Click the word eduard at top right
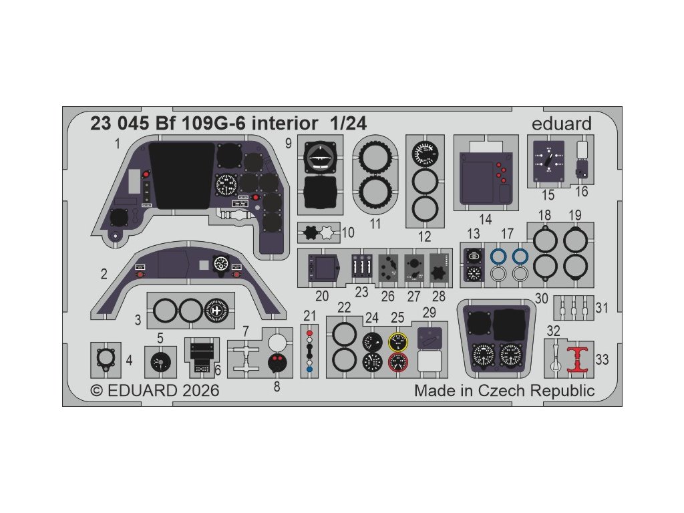click(562, 124)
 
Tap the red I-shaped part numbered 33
click(576, 359)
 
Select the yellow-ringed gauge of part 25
click(398, 343)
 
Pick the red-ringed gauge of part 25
click(398, 363)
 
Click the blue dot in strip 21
click(309, 369)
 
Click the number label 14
click(485, 220)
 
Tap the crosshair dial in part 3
click(216, 311)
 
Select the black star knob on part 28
click(437, 274)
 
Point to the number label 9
click(288, 143)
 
